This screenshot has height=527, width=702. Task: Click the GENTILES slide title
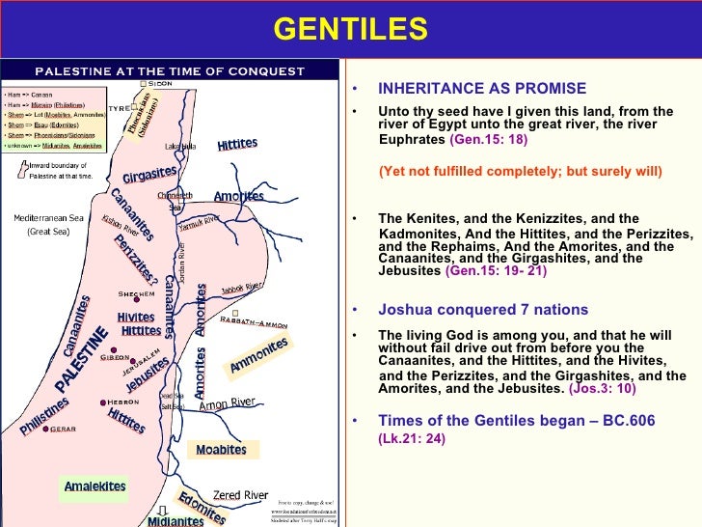(x=350, y=30)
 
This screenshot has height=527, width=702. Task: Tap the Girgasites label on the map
(x=149, y=175)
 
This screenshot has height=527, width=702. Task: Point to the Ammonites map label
(x=258, y=355)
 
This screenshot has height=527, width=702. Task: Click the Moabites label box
(x=221, y=450)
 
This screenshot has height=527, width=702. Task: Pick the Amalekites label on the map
(x=94, y=486)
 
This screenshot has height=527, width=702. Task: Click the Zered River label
(x=240, y=495)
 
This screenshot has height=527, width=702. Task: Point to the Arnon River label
(x=227, y=404)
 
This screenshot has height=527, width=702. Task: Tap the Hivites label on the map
(x=135, y=317)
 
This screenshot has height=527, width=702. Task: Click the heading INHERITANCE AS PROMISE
(x=481, y=88)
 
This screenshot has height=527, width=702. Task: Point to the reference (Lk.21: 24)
(x=411, y=437)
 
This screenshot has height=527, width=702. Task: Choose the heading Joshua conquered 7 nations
(x=482, y=310)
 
